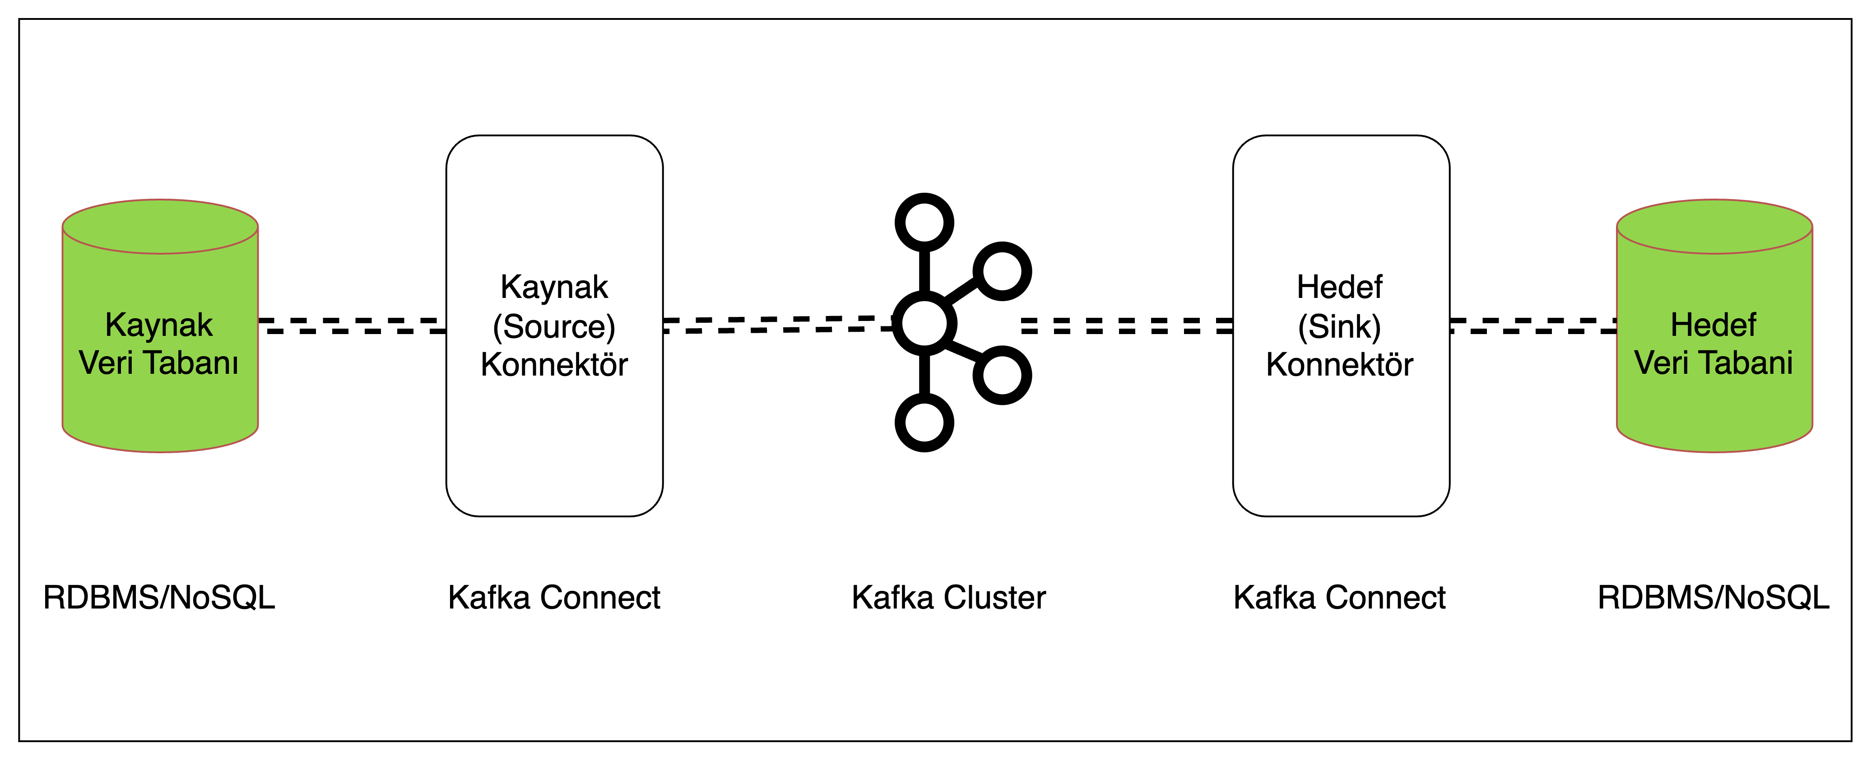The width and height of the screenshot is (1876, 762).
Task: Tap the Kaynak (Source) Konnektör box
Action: [554, 437]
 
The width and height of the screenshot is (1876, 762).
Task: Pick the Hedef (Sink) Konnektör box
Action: [1341, 437]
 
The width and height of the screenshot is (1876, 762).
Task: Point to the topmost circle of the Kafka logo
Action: [924, 222]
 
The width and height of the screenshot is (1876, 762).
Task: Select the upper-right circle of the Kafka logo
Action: [1002, 271]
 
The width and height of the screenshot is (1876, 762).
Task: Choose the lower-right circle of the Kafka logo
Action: [1002, 375]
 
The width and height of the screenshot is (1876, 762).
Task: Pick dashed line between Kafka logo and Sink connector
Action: [1127, 325]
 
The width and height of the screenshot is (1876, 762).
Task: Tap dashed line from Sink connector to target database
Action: [1532, 325]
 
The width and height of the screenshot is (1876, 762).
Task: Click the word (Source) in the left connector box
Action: [554, 326]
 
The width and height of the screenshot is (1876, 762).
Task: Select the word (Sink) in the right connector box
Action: [1339, 326]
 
